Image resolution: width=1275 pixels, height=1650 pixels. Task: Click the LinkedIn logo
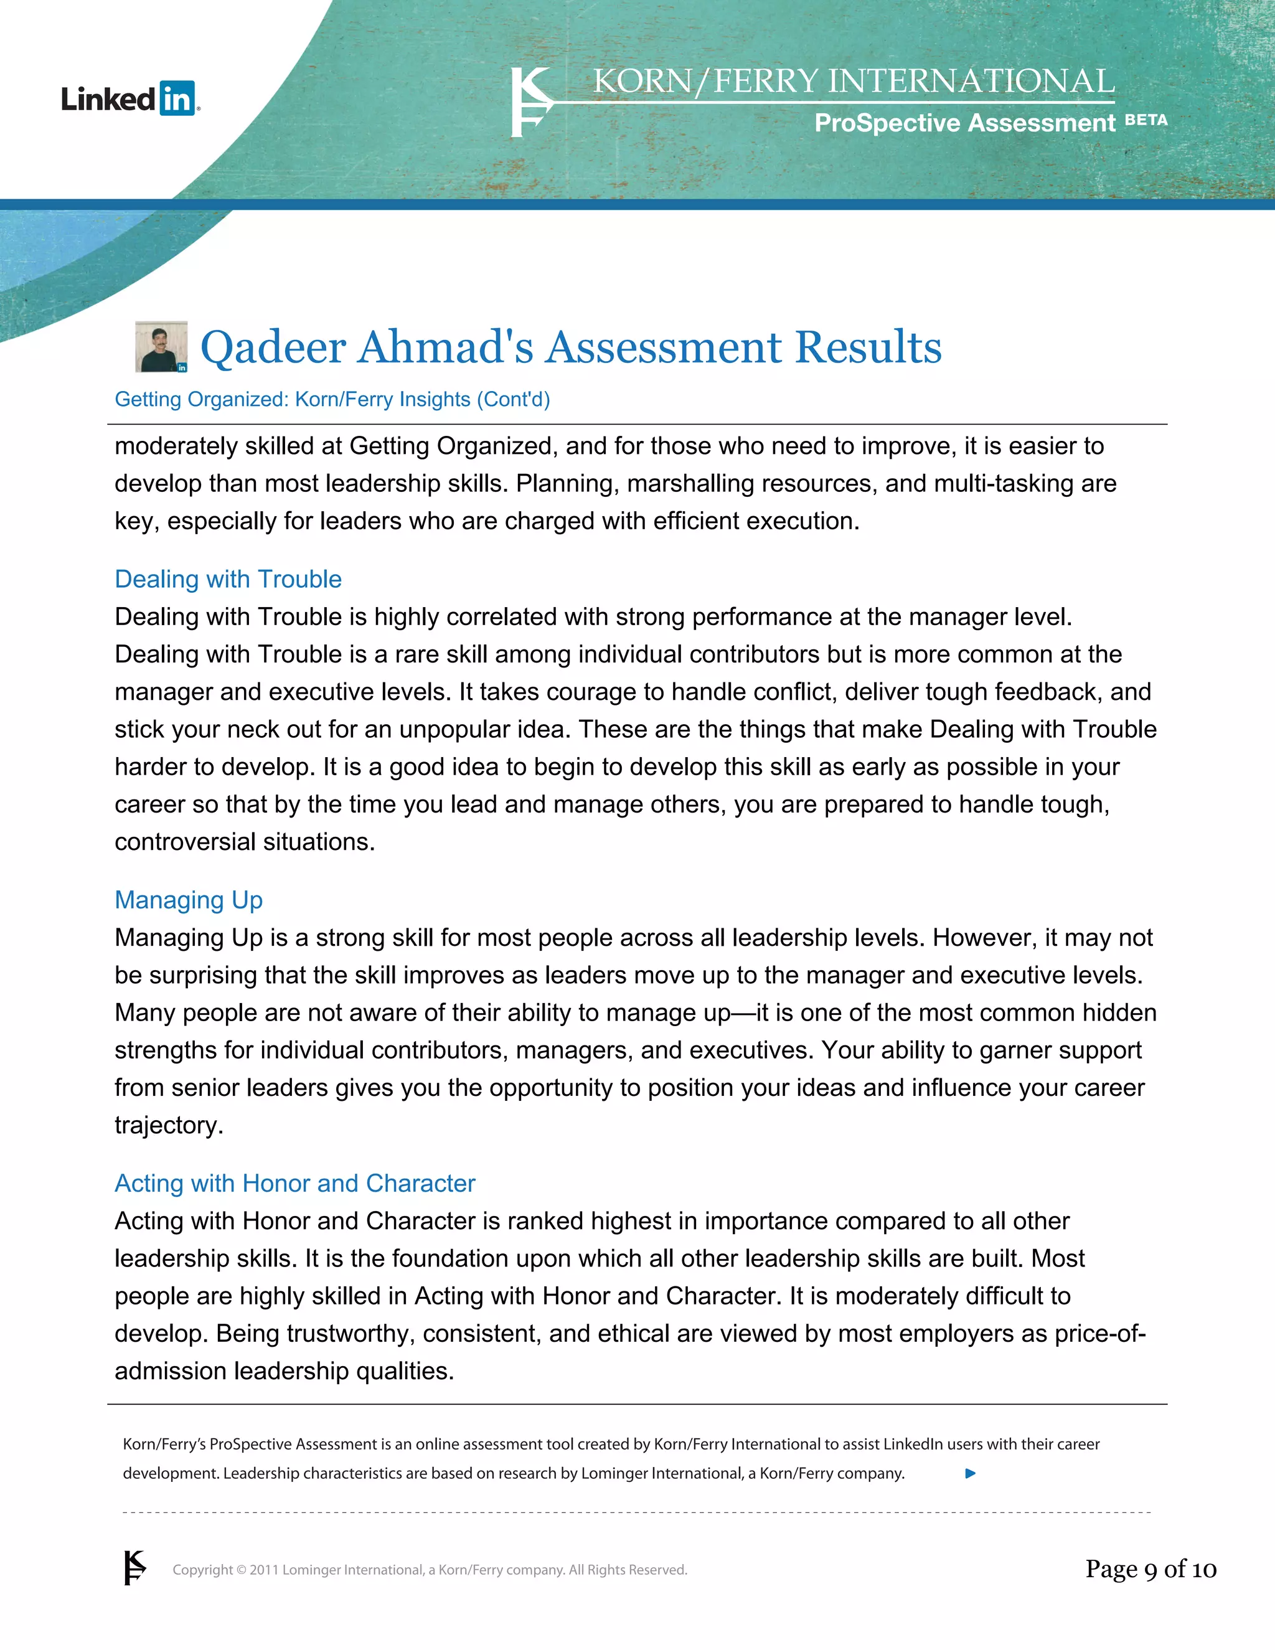130,99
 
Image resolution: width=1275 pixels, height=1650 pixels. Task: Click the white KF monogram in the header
531,102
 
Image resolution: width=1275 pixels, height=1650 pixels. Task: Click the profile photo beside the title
161,347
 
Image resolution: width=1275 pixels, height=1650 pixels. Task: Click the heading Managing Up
189,900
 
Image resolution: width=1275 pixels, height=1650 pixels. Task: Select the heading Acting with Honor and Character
294,1183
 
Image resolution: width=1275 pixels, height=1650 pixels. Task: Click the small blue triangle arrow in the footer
971,1473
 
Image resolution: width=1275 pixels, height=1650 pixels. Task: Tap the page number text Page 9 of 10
1150,1569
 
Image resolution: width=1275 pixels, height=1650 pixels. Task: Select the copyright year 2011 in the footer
265,1570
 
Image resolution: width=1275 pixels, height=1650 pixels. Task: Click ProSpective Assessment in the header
964,123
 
